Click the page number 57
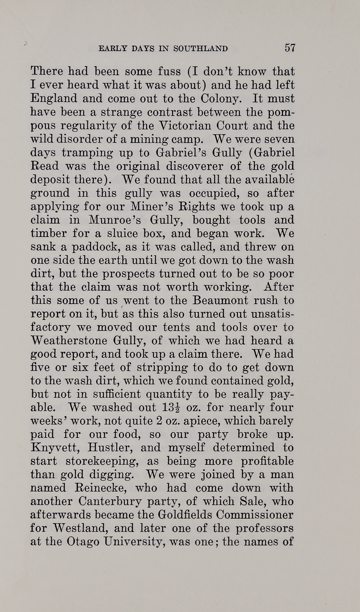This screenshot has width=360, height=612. coord(290,48)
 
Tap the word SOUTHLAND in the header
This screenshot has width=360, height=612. coord(200,48)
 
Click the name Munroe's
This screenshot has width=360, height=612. coord(115,220)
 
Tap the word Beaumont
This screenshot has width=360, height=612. coord(220,301)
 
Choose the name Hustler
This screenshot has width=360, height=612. coord(111,448)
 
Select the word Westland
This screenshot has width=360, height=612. coord(81,528)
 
